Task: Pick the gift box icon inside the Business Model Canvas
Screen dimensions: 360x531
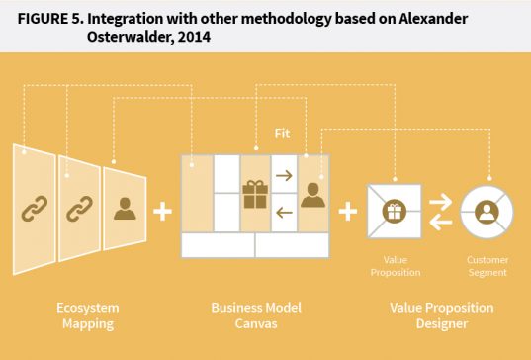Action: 255,193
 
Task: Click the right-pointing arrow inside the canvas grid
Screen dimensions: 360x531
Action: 284,177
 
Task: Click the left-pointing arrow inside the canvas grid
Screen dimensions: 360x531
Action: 284,211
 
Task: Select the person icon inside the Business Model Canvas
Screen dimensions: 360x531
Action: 313,194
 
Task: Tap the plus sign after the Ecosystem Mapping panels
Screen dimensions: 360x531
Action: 163,211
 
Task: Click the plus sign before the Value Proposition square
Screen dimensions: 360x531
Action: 347,211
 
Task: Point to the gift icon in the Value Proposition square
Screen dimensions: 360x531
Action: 394,210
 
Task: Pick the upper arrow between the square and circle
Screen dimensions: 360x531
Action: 440,201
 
